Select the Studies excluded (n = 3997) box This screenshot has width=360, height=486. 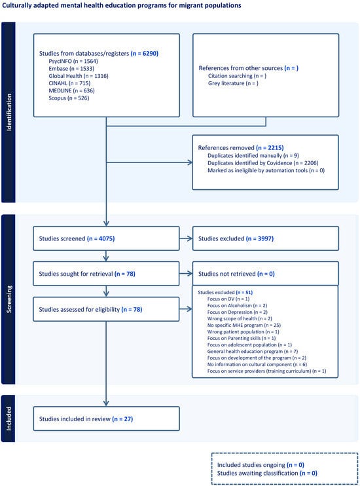[265, 239]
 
